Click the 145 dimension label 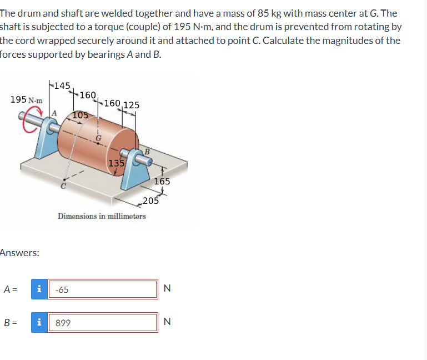[62, 86]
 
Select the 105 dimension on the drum [81, 115]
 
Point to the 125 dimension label [131, 105]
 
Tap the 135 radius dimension [116, 163]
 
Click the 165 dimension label [162, 181]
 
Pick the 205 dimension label [150, 201]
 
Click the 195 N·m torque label [26, 99]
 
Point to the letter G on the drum [98, 137]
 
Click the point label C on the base [63, 187]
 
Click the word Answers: [19, 253]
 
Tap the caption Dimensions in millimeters [102, 216]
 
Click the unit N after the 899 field [167, 322]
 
